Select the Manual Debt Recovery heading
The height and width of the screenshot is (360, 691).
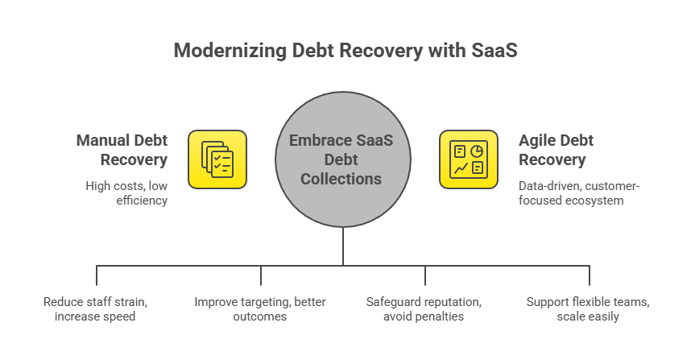(x=122, y=150)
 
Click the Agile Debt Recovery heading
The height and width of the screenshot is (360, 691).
(x=556, y=150)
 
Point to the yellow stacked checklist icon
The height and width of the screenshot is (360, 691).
(x=217, y=159)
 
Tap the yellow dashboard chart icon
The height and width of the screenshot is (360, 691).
(x=468, y=159)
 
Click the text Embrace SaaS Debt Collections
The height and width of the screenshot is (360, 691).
(x=342, y=159)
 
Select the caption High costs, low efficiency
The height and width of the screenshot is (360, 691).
(x=126, y=193)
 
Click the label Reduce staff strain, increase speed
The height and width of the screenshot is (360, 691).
(x=96, y=309)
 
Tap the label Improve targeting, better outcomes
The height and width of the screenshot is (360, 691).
(x=260, y=309)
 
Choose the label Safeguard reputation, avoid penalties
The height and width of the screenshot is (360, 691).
(x=424, y=309)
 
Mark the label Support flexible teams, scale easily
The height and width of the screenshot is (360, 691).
(x=589, y=309)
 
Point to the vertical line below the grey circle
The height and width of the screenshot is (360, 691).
(x=342, y=246)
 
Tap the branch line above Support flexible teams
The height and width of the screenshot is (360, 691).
(x=590, y=275)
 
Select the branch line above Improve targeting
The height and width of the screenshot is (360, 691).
(x=260, y=275)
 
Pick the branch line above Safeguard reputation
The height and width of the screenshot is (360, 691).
(x=425, y=275)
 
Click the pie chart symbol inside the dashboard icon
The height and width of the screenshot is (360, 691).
(x=477, y=151)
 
